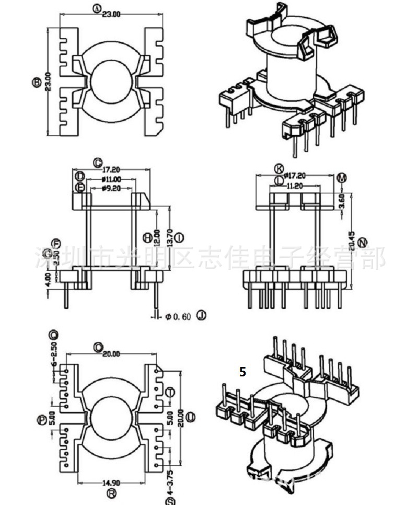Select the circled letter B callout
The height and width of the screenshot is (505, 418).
(37, 82)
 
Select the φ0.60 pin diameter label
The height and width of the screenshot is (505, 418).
(178, 316)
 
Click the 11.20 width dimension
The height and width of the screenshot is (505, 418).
(295, 185)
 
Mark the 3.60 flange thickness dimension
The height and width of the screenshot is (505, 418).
(342, 199)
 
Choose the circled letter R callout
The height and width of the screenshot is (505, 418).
(111, 493)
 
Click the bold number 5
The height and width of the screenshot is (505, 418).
(242, 372)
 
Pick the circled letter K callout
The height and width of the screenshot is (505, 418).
(280, 168)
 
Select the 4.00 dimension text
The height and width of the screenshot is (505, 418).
(49, 278)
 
